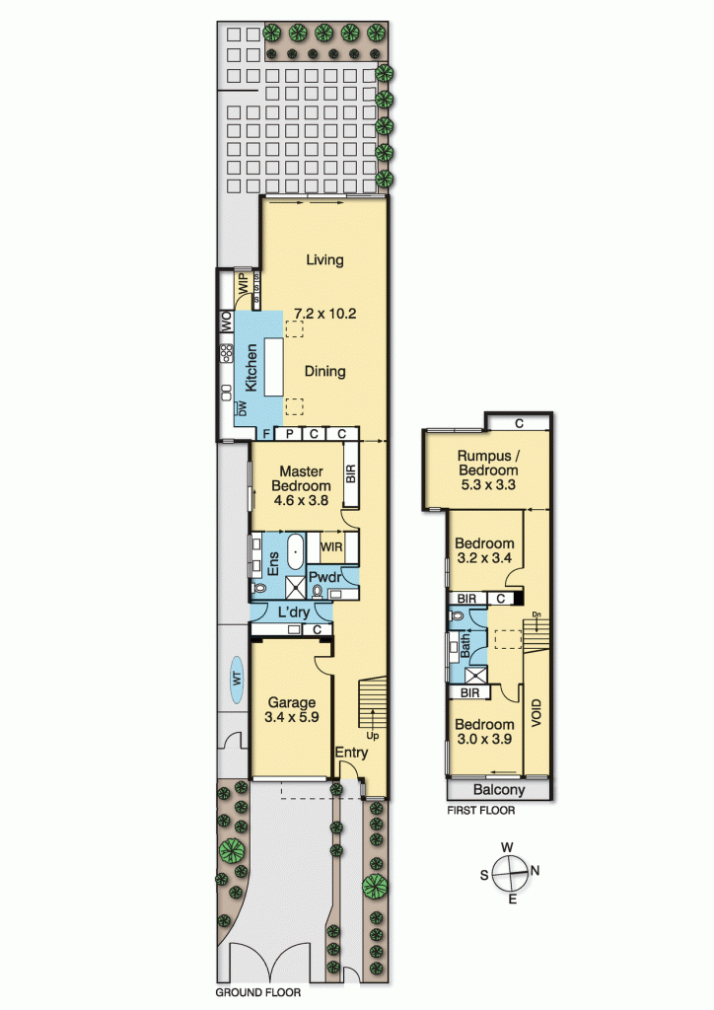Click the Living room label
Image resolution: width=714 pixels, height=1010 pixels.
(324, 260)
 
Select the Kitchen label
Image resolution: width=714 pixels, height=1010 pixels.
(251, 367)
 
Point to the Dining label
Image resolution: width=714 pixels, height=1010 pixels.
(324, 372)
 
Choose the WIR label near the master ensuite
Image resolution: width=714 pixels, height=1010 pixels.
(332, 545)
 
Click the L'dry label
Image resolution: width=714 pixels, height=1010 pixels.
(293, 613)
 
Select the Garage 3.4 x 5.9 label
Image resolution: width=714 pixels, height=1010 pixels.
(291, 710)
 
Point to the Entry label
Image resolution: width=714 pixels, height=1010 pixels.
(351, 753)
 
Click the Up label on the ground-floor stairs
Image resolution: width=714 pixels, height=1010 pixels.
(371, 735)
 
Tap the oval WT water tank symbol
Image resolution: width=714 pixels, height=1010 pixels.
(237, 679)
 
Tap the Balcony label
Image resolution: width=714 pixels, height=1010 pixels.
(498, 790)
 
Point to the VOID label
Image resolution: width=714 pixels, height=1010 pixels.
(537, 712)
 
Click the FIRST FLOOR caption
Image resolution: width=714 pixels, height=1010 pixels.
(480, 811)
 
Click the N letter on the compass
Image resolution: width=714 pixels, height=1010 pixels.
(536, 870)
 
